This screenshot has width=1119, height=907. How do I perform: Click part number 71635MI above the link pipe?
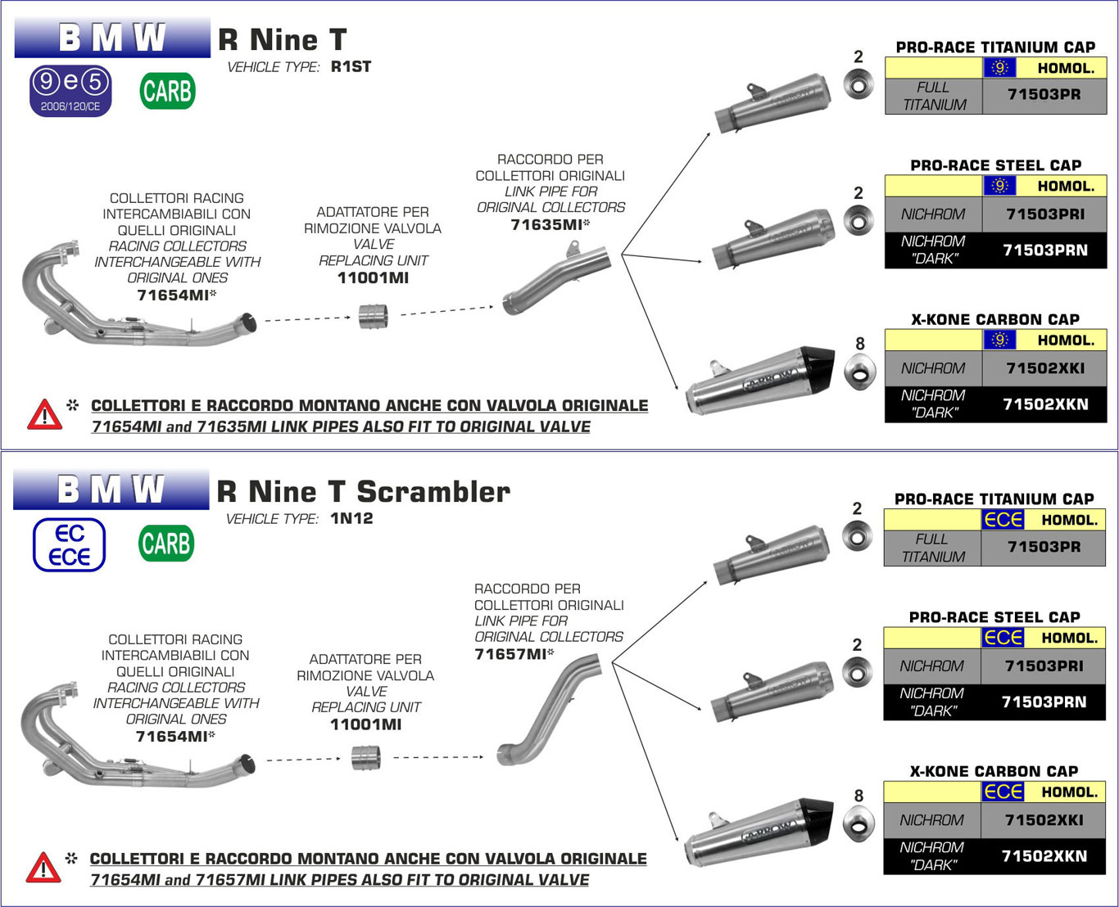coord(546,224)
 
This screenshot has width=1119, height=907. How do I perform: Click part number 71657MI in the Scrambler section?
coord(510,653)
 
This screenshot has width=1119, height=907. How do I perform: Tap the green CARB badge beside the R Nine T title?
coord(167,91)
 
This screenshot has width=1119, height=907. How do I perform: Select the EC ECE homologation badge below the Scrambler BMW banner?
coord(70,545)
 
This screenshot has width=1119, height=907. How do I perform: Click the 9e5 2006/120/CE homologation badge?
coord(70,90)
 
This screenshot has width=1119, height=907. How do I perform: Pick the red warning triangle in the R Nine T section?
coord(44,415)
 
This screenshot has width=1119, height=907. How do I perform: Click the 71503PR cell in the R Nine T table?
coord(1044,95)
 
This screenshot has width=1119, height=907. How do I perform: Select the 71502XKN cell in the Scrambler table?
coord(1044,856)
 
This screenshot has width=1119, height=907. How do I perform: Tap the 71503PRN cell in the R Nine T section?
coord(1044,250)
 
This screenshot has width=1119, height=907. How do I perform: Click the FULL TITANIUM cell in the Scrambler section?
coord(932,548)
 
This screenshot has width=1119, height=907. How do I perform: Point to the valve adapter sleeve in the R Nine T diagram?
coord(374,315)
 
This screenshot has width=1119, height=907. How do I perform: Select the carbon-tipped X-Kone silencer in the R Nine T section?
coord(758,380)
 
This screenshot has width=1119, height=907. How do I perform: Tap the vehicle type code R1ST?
coord(351,67)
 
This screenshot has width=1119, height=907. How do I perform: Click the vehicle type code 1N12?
coord(351,518)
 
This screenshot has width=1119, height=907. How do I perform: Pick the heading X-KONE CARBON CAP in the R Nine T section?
coord(994,319)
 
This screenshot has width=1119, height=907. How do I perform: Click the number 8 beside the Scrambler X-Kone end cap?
coord(859,796)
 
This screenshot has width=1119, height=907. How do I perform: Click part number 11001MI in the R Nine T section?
coord(373,278)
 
